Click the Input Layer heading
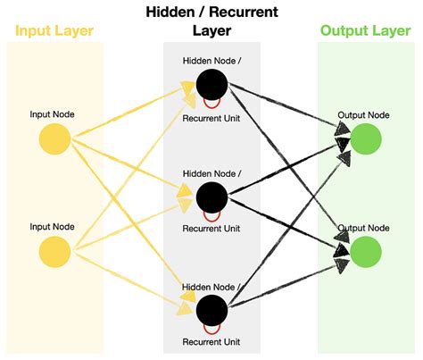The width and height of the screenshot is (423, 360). [x=54, y=31]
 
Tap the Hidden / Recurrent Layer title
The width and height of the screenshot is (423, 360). [x=211, y=21]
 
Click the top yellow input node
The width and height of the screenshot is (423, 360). [x=54, y=138]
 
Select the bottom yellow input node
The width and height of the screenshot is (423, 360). [x=54, y=253]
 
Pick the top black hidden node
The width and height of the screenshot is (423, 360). [x=212, y=86]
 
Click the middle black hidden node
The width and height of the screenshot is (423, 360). [x=212, y=196]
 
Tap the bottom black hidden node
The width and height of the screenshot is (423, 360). [x=212, y=310]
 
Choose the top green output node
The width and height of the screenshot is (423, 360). [x=366, y=139]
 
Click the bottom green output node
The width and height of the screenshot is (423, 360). [x=366, y=251]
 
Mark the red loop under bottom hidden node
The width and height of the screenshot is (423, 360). [x=212, y=328]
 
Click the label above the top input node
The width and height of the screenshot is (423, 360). [x=54, y=114]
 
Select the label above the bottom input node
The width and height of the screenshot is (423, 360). [x=54, y=228]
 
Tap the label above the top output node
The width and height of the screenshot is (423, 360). [x=365, y=116]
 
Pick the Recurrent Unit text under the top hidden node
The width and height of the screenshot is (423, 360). [x=211, y=117]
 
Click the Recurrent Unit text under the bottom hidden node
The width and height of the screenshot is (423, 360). [x=211, y=342]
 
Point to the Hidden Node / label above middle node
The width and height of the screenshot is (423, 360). [x=211, y=173]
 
